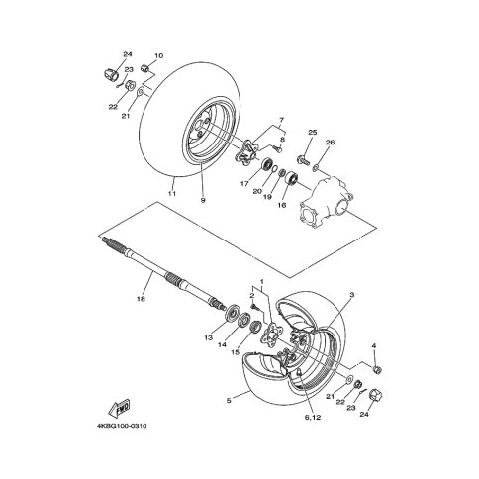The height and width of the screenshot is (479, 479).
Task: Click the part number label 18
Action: pyautogui.click(x=141, y=299)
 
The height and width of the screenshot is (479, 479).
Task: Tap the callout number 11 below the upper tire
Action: pyautogui.click(x=172, y=193)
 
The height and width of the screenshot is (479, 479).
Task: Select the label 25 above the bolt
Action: pyautogui.click(x=313, y=133)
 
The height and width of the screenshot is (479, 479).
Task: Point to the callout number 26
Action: pyautogui.click(x=330, y=143)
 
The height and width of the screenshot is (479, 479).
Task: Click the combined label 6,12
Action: pyautogui.click(x=313, y=418)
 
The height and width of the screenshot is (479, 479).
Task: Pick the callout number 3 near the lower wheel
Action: pyautogui.click(x=352, y=294)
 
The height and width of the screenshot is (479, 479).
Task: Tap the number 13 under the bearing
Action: pyautogui.click(x=209, y=337)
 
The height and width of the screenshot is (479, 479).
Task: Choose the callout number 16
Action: pyautogui.click(x=282, y=205)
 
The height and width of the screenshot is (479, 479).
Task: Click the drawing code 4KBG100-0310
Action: pyautogui.click(x=122, y=426)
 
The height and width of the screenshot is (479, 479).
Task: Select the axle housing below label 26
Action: pyautogui.click(x=326, y=202)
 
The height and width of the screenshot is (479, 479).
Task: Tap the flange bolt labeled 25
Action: pyautogui.click(x=304, y=160)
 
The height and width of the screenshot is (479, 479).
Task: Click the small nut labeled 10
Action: pyautogui.click(x=144, y=68)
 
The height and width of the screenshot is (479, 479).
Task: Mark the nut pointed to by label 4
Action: pyautogui.click(x=377, y=369)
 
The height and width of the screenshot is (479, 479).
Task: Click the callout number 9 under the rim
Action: pyautogui.click(x=203, y=200)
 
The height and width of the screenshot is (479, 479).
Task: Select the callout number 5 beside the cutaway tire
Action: pyautogui.click(x=229, y=401)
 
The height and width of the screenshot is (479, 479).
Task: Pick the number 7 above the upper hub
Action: pyautogui.click(x=281, y=119)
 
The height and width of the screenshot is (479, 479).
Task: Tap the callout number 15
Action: pyautogui.click(x=235, y=352)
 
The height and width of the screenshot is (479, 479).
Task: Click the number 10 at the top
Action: pyautogui.click(x=159, y=55)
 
